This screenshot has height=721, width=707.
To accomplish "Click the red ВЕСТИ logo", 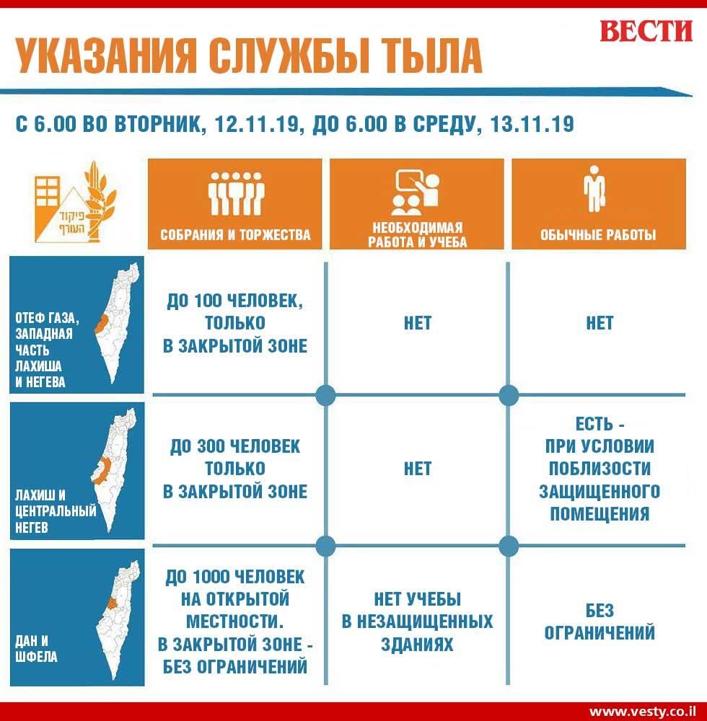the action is click(646, 31).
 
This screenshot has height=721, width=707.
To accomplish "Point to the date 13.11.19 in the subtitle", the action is click(532, 124).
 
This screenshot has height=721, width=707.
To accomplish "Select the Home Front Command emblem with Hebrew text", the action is click(76, 203).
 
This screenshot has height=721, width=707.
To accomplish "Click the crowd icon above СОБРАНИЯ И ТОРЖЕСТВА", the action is click(235, 193).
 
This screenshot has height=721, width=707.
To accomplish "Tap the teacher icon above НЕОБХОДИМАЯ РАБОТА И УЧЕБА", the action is click(416, 193).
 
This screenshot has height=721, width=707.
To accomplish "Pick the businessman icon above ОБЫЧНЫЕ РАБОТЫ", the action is click(594, 189).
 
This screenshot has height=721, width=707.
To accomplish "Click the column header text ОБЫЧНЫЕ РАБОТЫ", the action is click(598, 235).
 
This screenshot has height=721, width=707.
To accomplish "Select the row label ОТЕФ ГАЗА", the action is click(46, 318).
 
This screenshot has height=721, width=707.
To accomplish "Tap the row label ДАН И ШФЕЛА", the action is click(36, 648).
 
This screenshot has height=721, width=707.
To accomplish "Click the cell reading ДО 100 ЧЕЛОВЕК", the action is click(235, 323).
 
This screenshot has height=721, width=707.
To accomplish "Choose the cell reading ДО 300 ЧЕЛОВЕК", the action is click(235, 469).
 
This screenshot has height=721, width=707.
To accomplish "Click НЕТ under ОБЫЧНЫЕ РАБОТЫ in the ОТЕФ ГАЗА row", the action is click(600, 323).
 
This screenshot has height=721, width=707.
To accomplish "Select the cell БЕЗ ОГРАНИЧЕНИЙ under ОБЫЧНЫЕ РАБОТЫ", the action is click(600, 622).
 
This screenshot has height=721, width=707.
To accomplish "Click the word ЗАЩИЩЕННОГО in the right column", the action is click(600, 491).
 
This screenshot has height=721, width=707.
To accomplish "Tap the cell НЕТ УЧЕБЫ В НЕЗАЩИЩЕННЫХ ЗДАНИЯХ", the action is click(417, 622).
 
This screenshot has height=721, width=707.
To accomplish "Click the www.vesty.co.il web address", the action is click(641, 712).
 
